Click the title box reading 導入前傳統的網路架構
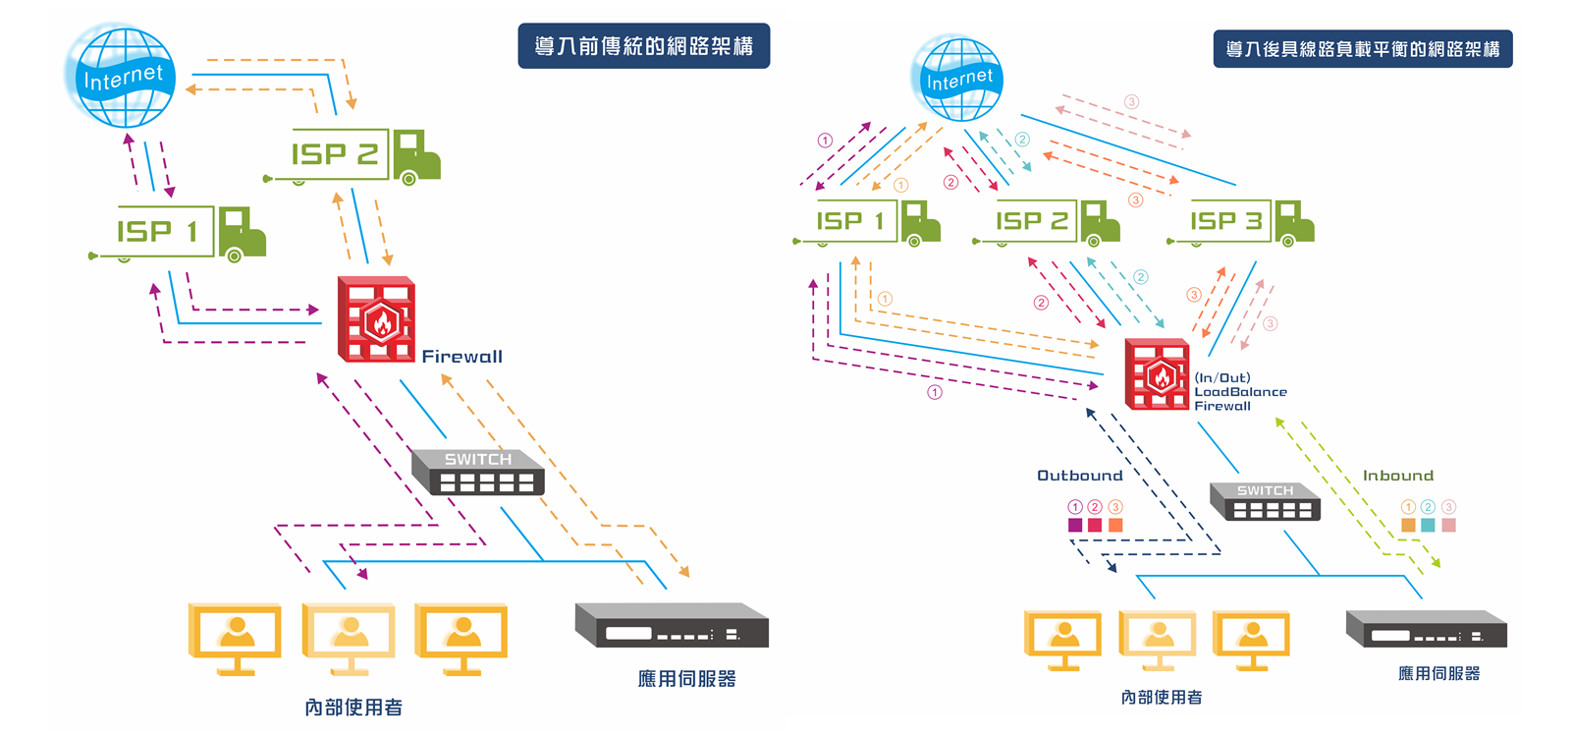point(643,46)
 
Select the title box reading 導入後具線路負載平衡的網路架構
point(1362,48)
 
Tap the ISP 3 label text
point(1225,221)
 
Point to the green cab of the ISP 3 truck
point(1294,222)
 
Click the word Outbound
point(1079,476)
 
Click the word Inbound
point(1397,476)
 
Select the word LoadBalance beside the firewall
point(1240,392)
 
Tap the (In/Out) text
point(1222,377)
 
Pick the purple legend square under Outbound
point(1075,525)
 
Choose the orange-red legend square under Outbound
point(1115,525)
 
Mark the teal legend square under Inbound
point(1428,525)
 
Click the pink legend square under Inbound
point(1448,525)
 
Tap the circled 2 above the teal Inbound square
point(1428,507)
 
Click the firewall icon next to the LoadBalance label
point(1157,374)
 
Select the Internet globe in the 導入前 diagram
point(122,77)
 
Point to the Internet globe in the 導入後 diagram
point(958,79)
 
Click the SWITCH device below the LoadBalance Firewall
point(1265,501)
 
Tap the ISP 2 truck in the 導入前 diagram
point(365,155)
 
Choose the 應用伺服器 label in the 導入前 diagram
point(686,679)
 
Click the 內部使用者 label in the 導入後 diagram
point(1161,698)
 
